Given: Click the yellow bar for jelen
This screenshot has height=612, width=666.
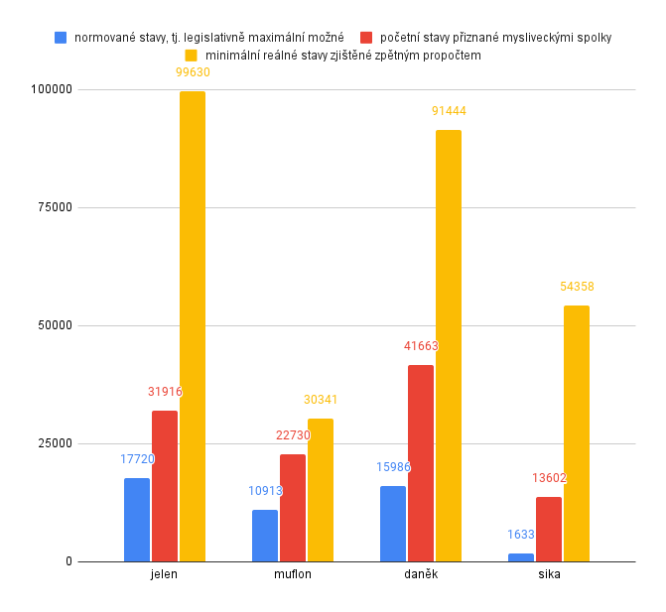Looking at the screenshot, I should click(193, 326).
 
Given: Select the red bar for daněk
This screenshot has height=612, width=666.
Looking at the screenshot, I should click(421, 463).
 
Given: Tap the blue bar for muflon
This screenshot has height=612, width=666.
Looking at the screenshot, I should click(265, 536).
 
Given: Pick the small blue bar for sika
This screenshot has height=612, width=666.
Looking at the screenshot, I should click(521, 557).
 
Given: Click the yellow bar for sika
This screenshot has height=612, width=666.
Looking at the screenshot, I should click(577, 433).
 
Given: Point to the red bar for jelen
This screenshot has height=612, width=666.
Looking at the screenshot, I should click(165, 486).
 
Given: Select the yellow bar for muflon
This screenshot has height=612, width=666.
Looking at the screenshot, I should click(321, 490).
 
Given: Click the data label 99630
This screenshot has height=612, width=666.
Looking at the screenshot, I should click(193, 72).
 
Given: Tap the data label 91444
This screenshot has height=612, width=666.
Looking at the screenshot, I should click(449, 111).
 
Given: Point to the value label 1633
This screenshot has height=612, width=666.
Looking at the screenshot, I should click(521, 535).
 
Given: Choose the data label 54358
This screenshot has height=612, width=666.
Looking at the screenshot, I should click(577, 287).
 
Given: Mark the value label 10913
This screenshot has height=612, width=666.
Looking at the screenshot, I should click(265, 490).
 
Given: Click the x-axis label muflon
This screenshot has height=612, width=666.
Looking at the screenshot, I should click(293, 575).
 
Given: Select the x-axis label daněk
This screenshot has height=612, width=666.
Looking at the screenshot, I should click(421, 575).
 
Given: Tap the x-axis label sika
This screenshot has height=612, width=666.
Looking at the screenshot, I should click(549, 575).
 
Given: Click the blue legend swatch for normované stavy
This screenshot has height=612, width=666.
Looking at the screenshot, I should click(62, 38).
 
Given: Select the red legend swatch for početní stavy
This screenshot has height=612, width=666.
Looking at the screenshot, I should click(366, 38).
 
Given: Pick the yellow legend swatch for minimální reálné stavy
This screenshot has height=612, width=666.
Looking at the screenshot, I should click(193, 56).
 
